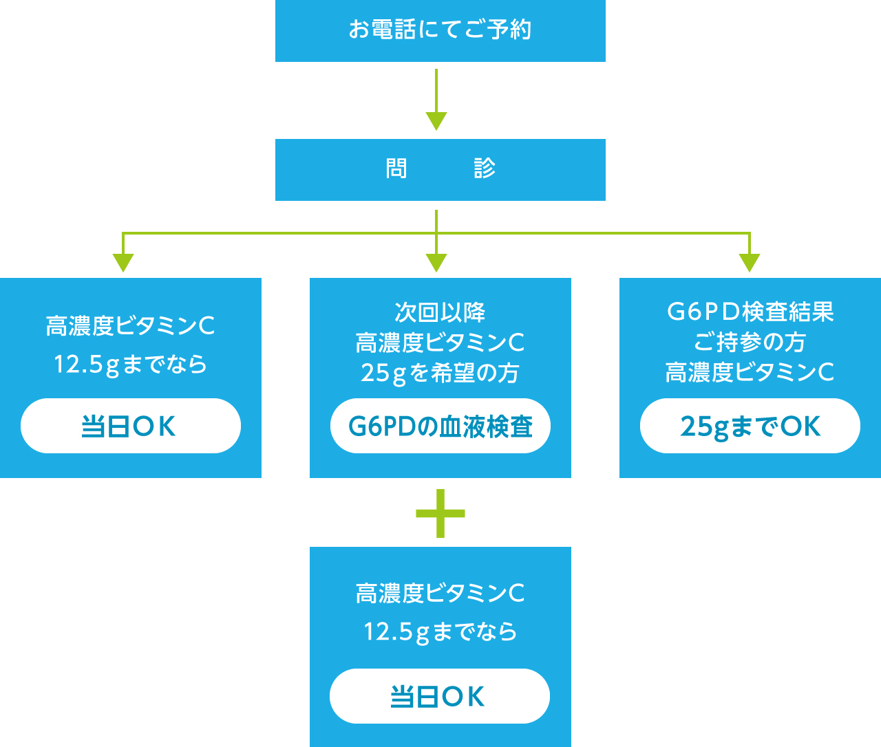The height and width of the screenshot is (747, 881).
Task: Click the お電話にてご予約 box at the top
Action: [440, 31]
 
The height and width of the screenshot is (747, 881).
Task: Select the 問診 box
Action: [440, 170]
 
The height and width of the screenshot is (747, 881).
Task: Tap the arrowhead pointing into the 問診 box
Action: [436, 120]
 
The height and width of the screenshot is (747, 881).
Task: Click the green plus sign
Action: [440, 513]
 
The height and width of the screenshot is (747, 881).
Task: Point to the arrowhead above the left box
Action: [123, 262]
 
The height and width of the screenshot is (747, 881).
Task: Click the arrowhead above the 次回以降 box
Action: [436, 262]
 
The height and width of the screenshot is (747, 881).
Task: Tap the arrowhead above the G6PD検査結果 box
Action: [749, 262]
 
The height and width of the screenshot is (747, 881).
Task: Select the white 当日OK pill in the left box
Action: [131, 426]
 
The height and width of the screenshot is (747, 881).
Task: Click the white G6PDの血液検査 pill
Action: [440, 426]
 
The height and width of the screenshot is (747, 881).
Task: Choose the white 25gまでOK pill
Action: [750, 426]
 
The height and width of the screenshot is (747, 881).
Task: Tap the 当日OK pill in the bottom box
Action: [440, 696]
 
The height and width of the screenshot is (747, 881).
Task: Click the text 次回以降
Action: [440, 312]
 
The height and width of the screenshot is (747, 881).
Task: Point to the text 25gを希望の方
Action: [440, 373]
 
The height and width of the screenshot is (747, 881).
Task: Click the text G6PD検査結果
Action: [750, 312]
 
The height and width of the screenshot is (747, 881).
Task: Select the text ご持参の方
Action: [750, 342]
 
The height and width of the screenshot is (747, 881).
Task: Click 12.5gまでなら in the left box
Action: [131, 364]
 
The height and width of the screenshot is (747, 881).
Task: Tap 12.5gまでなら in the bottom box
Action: [440, 631]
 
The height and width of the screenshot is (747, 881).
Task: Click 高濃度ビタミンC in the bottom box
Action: [440, 593]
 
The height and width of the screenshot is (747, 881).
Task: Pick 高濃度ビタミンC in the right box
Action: [750, 373]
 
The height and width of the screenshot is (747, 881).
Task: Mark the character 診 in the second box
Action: [485, 169]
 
